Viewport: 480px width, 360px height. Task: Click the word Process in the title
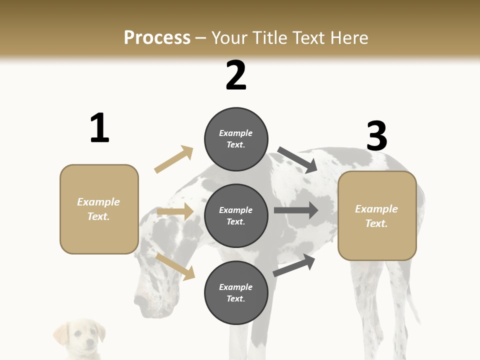coord(157,38)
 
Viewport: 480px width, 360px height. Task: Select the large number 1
coord(99,128)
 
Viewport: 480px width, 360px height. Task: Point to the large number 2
coord(236,75)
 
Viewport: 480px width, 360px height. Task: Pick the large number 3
coord(376,136)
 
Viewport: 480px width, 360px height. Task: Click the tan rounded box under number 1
coord(99,209)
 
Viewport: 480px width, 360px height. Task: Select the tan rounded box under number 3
coord(377,216)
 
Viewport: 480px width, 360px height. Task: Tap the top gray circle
coord(236,139)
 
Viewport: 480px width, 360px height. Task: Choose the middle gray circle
coord(236,216)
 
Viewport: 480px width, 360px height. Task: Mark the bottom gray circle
coord(236,293)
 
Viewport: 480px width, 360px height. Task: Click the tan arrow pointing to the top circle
coord(173,159)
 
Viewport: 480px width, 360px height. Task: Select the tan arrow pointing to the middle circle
coord(175,212)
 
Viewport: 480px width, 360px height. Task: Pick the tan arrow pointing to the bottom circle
coord(175,266)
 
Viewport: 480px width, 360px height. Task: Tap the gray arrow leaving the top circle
coord(297,160)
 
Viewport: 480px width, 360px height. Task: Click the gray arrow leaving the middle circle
coord(296,210)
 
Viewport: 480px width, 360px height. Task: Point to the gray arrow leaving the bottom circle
coord(294,265)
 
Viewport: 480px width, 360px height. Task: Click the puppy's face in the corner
coord(82,337)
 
